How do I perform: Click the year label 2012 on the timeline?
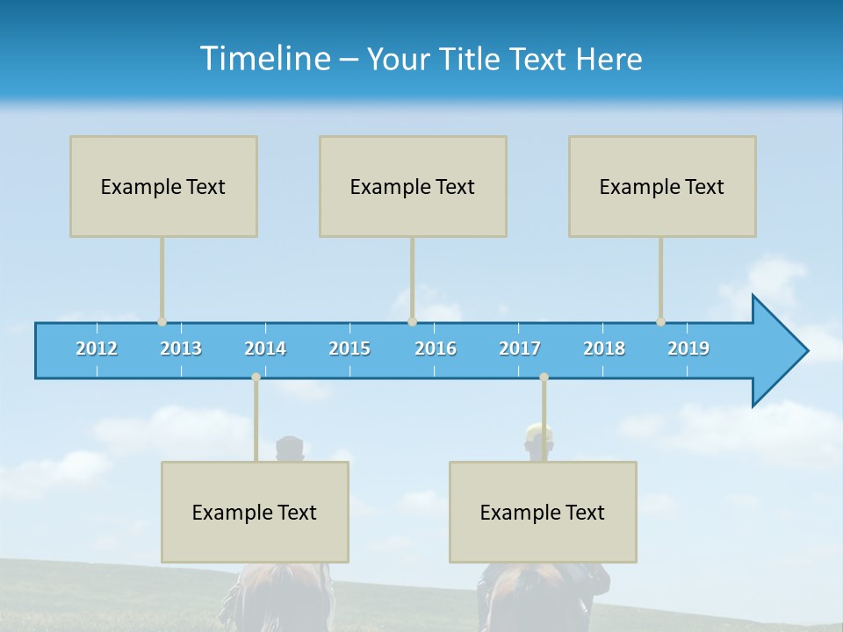pos(97,348)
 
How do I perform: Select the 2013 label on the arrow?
pos(181,348)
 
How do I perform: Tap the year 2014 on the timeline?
pos(265,348)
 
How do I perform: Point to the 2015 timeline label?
pos(349,348)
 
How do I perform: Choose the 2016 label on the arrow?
pos(436,348)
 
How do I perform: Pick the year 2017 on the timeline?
pos(520,348)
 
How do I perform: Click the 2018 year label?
pos(604,348)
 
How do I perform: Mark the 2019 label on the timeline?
pos(688,348)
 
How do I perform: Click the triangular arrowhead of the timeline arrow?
pos(777,351)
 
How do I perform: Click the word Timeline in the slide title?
pos(263,59)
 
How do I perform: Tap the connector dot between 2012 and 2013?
pos(162,322)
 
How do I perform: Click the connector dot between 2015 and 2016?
pos(412,322)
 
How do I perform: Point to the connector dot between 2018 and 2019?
pos(660,322)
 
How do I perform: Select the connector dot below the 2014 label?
pos(256,377)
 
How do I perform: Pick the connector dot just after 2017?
pos(544,377)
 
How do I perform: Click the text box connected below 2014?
pos(255,512)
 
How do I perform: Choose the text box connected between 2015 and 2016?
pos(413,186)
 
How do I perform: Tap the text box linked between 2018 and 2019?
pos(662,186)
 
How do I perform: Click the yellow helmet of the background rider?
pos(538,432)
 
